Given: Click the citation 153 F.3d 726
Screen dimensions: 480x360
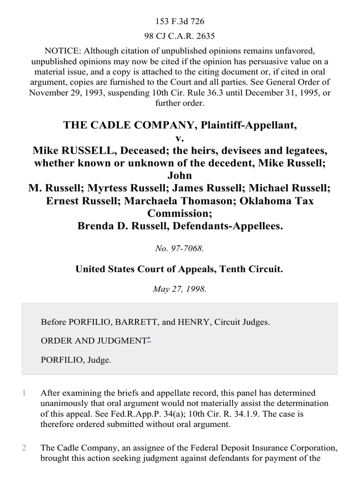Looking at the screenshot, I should pos(180,22).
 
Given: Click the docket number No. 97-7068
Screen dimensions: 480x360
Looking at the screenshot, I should pos(180,248).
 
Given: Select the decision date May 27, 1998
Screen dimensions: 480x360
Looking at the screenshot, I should pos(180,289).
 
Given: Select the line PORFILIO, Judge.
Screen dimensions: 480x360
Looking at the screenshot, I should pos(76,361).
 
